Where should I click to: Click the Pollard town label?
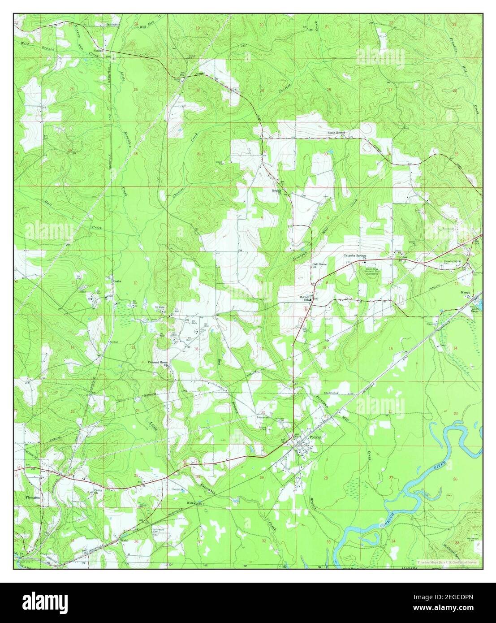(x=315, y=437)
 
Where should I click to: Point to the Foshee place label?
(x=98, y=51)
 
